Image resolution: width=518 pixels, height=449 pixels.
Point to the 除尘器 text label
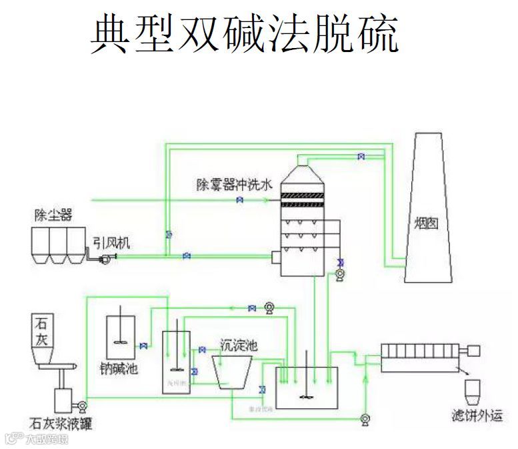53,215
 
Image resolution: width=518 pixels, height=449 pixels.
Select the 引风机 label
112,244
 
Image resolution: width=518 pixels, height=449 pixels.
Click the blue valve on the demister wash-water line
239,199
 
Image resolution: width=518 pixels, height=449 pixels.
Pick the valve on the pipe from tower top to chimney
361,157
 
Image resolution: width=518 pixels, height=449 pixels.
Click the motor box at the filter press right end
475,349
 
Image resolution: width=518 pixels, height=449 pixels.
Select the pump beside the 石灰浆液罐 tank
82,405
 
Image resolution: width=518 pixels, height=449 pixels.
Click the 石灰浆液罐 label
56,422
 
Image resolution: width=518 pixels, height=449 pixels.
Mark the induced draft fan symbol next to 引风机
103,258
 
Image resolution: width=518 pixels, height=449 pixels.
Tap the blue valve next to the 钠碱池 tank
143,346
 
